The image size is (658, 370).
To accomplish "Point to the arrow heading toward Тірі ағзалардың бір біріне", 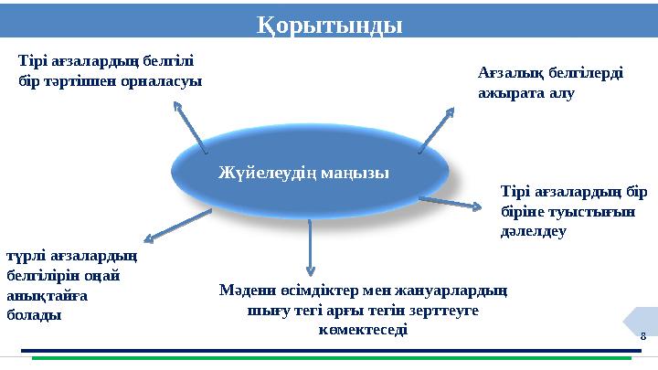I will point(450,202).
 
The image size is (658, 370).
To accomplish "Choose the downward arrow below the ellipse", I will point(311,245).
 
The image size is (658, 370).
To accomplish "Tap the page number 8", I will point(642,336).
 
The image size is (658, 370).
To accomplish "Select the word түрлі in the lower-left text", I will point(26,257).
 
